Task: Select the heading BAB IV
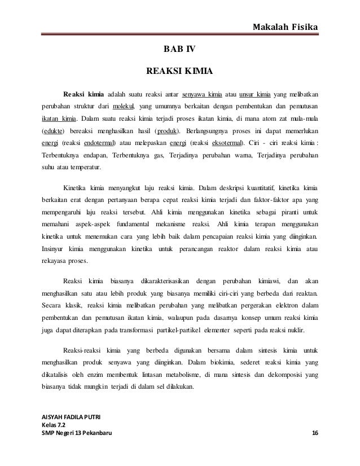pos(179,50)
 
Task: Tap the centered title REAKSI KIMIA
pos(179,72)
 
